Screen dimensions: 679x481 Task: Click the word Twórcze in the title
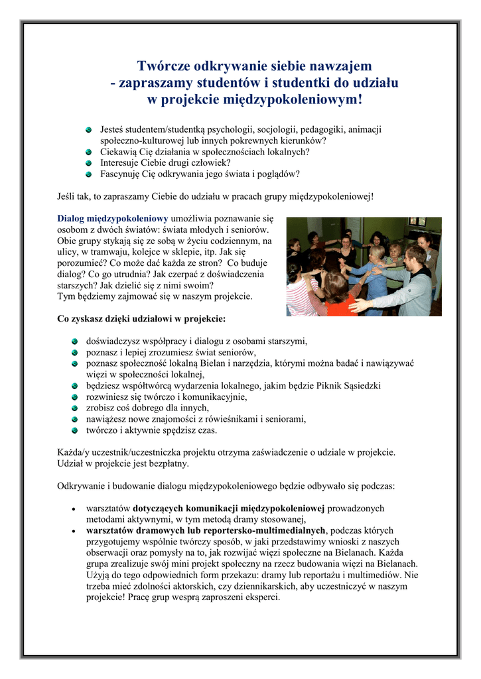click(x=160, y=66)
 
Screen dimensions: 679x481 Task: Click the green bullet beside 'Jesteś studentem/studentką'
click(x=88, y=129)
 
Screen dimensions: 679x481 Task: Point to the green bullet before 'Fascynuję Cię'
click(x=88, y=174)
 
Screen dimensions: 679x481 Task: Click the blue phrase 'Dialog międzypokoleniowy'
click(x=113, y=217)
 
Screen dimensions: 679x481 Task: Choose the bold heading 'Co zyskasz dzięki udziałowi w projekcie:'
click(x=141, y=318)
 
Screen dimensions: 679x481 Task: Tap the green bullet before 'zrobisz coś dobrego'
click(x=76, y=408)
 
